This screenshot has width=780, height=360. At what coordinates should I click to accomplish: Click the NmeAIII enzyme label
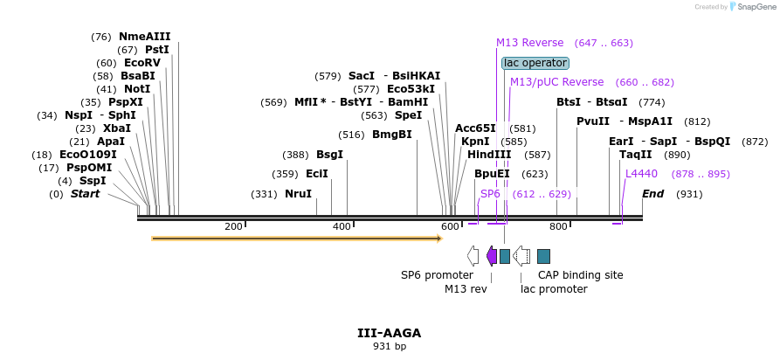[x=145, y=37]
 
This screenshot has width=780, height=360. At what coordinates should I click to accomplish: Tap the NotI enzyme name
[x=137, y=89]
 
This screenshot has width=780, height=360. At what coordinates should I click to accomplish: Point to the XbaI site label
[x=117, y=128]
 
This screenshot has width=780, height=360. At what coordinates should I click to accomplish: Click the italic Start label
[x=85, y=194]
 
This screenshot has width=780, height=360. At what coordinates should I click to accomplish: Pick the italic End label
[x=652, y=194]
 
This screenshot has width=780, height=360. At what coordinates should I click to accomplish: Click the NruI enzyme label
[x=298, y=194]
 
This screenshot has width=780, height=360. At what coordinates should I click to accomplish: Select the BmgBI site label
[x=392, y=135]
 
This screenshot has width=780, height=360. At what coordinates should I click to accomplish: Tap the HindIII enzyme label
[x=489, y=155]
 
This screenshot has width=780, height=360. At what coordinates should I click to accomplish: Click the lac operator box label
[x=535, y=63]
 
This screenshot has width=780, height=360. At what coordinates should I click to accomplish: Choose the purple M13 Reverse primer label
[x=530, y=43]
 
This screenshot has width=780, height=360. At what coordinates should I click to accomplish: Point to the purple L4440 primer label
[x=642, y=174]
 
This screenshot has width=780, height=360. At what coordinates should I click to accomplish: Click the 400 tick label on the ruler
[x=342, y=226]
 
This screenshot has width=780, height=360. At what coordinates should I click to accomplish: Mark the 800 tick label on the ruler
[x=558, y=226]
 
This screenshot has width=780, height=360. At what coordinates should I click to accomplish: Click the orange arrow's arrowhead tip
[x=443, y=239]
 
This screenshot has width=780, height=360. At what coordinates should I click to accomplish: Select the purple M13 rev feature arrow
[x=492, y=256]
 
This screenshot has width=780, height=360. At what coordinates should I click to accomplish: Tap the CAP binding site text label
[x=581, y=275]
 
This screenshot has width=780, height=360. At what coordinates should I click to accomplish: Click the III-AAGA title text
[x=390, y=333]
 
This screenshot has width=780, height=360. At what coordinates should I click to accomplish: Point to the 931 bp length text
[x=390, y=346]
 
